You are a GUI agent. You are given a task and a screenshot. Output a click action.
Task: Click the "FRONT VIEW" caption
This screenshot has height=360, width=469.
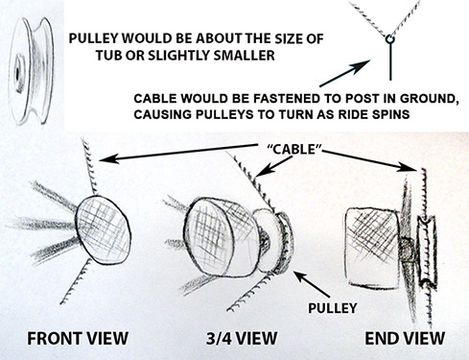(x=78, y=338)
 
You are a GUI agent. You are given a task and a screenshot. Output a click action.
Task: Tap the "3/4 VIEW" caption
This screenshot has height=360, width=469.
(x=242, y=338)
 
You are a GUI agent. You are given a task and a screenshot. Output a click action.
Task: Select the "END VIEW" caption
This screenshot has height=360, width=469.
(x=405, y=338)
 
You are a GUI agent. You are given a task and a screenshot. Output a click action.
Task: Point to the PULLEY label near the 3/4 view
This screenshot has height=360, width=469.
(x=333, y=308)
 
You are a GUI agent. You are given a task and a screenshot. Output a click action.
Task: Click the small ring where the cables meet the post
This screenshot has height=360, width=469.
(x=390, y=39)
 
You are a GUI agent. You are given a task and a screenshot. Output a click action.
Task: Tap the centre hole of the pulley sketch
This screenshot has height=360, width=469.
(x=16, y=74)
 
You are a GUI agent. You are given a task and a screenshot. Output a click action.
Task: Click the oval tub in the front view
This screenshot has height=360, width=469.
(x=103, y=230)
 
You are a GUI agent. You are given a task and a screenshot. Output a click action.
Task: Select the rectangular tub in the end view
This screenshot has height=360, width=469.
(x=372, y=247)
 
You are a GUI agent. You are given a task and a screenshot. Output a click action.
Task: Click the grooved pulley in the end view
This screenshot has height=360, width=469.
(x=427, y=251)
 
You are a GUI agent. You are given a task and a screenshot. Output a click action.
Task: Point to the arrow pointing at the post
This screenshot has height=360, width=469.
(x=345, y=73)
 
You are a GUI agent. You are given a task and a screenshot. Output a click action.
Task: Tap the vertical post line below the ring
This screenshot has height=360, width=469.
(x=390, y=61)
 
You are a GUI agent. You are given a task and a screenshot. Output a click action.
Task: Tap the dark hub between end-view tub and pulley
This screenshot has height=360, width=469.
(x=407, y=250)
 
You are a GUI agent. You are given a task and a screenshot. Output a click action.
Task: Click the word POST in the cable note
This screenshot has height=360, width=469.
(x=353, y=99)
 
